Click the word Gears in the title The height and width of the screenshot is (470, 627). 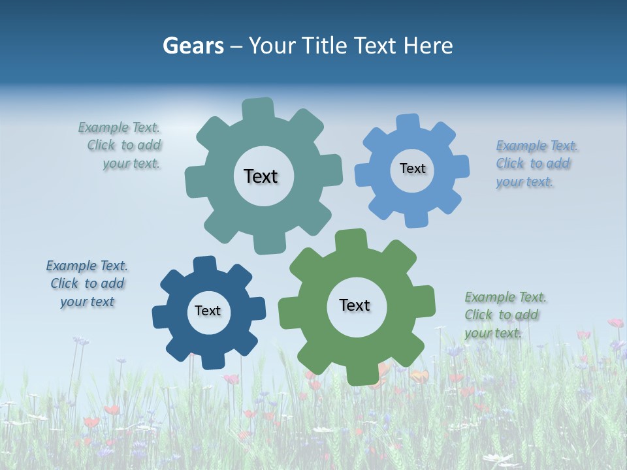click(193, 46)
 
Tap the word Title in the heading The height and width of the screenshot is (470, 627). click(323, 46)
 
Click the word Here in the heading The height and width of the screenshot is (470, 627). click(428, 46)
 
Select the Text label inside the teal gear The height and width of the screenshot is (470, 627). click(261, 176)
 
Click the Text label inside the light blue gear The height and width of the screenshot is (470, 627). click(412, 168)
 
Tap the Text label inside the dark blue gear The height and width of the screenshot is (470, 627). click(208, 311)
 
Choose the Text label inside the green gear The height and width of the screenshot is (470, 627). click(355, 305)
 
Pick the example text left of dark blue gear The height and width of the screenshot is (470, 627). click(87, 284)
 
